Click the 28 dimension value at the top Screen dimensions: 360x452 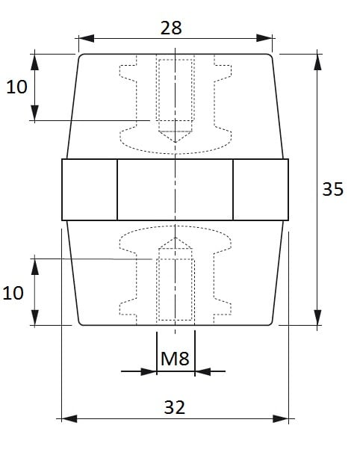point(171,28)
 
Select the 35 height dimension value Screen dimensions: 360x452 point(333,189)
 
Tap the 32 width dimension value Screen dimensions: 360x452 point(174,407)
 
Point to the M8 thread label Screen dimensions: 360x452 point(175,359)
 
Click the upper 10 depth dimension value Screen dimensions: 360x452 point(16,87)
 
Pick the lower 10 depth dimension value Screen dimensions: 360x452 point(13,293)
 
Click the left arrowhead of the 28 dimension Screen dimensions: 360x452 point(86,38)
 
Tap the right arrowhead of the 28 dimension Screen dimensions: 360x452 point(264,38)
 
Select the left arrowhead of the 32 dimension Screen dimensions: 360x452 point(69,418)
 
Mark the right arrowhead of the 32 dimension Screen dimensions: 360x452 point(281,418)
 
